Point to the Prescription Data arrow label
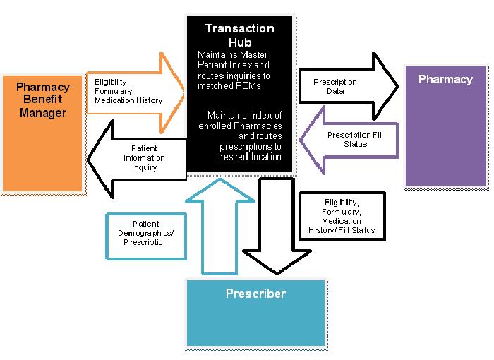335,87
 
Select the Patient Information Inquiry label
144,158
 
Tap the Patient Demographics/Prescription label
145,232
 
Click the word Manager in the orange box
42,112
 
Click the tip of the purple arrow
301,139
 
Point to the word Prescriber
255,293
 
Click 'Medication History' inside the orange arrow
128,100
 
